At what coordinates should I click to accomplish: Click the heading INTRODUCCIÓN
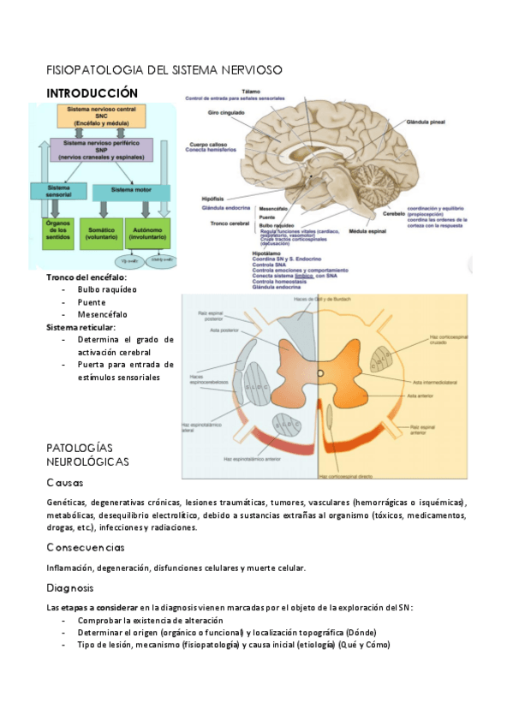[92, 92]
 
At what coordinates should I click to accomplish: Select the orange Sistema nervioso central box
[101, 117]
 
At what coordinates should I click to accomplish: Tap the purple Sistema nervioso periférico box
[101, 151]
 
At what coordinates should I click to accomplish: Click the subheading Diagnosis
[70, 588]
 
